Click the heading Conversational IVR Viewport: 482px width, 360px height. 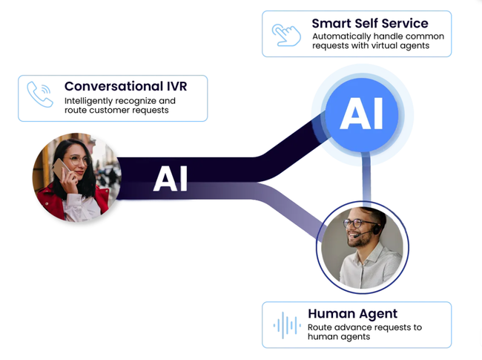point(125,86)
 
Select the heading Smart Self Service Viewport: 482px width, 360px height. point(370,24)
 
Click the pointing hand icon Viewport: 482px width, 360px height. point(286,35)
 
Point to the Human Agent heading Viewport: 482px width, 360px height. point(352,314)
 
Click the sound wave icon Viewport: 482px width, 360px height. point(286,325)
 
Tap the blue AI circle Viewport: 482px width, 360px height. point(362,114)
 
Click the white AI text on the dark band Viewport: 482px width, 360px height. point(171,179)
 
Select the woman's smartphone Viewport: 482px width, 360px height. point(60,168)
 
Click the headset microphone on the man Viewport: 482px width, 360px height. point(362,235)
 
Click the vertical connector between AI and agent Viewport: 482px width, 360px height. point(366,179)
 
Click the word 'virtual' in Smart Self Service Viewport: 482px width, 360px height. point(394,45)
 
